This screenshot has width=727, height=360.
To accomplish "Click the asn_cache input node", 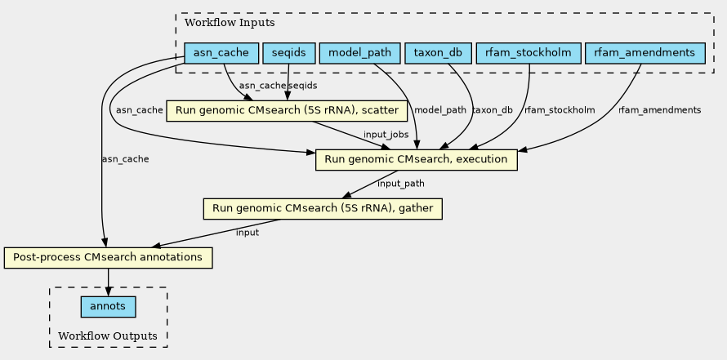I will pyautogui.click(x=221, y=54).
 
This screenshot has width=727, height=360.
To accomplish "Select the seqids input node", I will pyautogui.click(x=288, y=54).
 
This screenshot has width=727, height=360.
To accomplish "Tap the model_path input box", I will pyautogui.click(x=359, y=54).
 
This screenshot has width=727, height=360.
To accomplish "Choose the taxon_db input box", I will pyautogui.click(x=438, y=54).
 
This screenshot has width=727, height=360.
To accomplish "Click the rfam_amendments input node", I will pyautogui.click(x=644, y=54).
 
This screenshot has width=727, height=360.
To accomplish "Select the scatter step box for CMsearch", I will pyautogui.click(x=287, y=110).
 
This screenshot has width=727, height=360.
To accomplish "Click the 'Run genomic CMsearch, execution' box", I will pyautogui.click(x=417, y=159).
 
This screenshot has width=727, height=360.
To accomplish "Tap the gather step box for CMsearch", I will pyautogui.click(x=322, y=209).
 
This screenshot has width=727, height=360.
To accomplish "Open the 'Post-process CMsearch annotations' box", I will pyautogui.click(x=108, y=258).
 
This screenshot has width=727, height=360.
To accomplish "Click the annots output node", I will pyautogui.click(x=108, y=307).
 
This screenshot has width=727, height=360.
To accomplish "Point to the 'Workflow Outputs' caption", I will pyautogui.click(x=108, y=336).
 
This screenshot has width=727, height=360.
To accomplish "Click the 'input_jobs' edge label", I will pyautogui.click(x=386, y=134).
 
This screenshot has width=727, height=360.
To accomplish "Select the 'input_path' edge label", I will pyautogui.click(x=401, y=184).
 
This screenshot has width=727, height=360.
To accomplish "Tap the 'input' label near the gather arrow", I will pyautogui.click(x=247, y=233).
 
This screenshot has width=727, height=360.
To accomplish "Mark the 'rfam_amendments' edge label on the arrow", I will pyautogui.click(x=659, y=110).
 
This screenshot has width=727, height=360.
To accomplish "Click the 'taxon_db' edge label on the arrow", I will pyautogui.click(x=493, y=110).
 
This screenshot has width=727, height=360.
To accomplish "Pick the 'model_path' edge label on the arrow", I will pyautogui.click(x=441, y=110).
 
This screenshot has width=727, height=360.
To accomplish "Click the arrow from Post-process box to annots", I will pyautogui.click(x=108, y=282).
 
